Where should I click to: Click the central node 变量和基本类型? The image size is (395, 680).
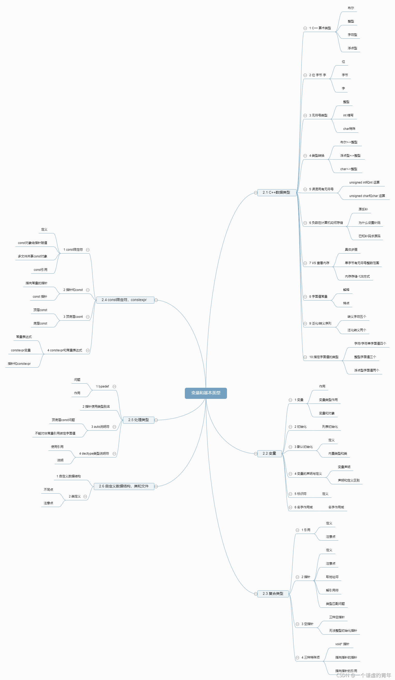pyautogui.click(x=206, y=393)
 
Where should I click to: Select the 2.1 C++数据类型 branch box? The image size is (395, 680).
pyautogui.click(x=277, y=192)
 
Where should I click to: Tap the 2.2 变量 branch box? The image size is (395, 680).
pyautogui.click(x=269, y=453)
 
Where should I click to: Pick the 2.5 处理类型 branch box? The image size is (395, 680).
pyautogui.click(x=138, y=420)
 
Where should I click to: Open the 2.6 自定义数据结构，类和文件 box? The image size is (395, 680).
pyautogui.click(x=124, y=486)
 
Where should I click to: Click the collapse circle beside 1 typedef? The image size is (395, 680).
pyautogui.click(x=114, y=386)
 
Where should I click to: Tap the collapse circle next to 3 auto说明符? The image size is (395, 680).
pyautogui.click(x=114, y=427)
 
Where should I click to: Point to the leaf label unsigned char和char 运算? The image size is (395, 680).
pyautogui.click(x=367, y=196)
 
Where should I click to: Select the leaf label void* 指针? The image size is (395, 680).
pyautogui.click(x=342, y=644)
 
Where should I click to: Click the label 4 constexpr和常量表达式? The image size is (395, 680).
pyautogui.click(x=65, y=350)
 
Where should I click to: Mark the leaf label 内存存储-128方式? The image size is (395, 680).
pyautogui.click(x=357, y=276)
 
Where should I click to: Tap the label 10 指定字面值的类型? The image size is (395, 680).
pyautogui.click(x=324, y=357)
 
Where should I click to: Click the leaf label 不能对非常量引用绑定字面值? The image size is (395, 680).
pyautogui.click(x=55, y=433)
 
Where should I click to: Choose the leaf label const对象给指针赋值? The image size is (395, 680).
pyautogui.click(x=32, y=243)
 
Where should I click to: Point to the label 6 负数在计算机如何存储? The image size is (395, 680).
pyautogui.click(x=326, y=223)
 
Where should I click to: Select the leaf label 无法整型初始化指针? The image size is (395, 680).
pyautogui.click(x=343, y=630)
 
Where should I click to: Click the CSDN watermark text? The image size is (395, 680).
pyautogui.click(x=364, y=675)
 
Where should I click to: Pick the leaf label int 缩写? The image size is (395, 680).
pyautogui.click(x=348, y=115)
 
